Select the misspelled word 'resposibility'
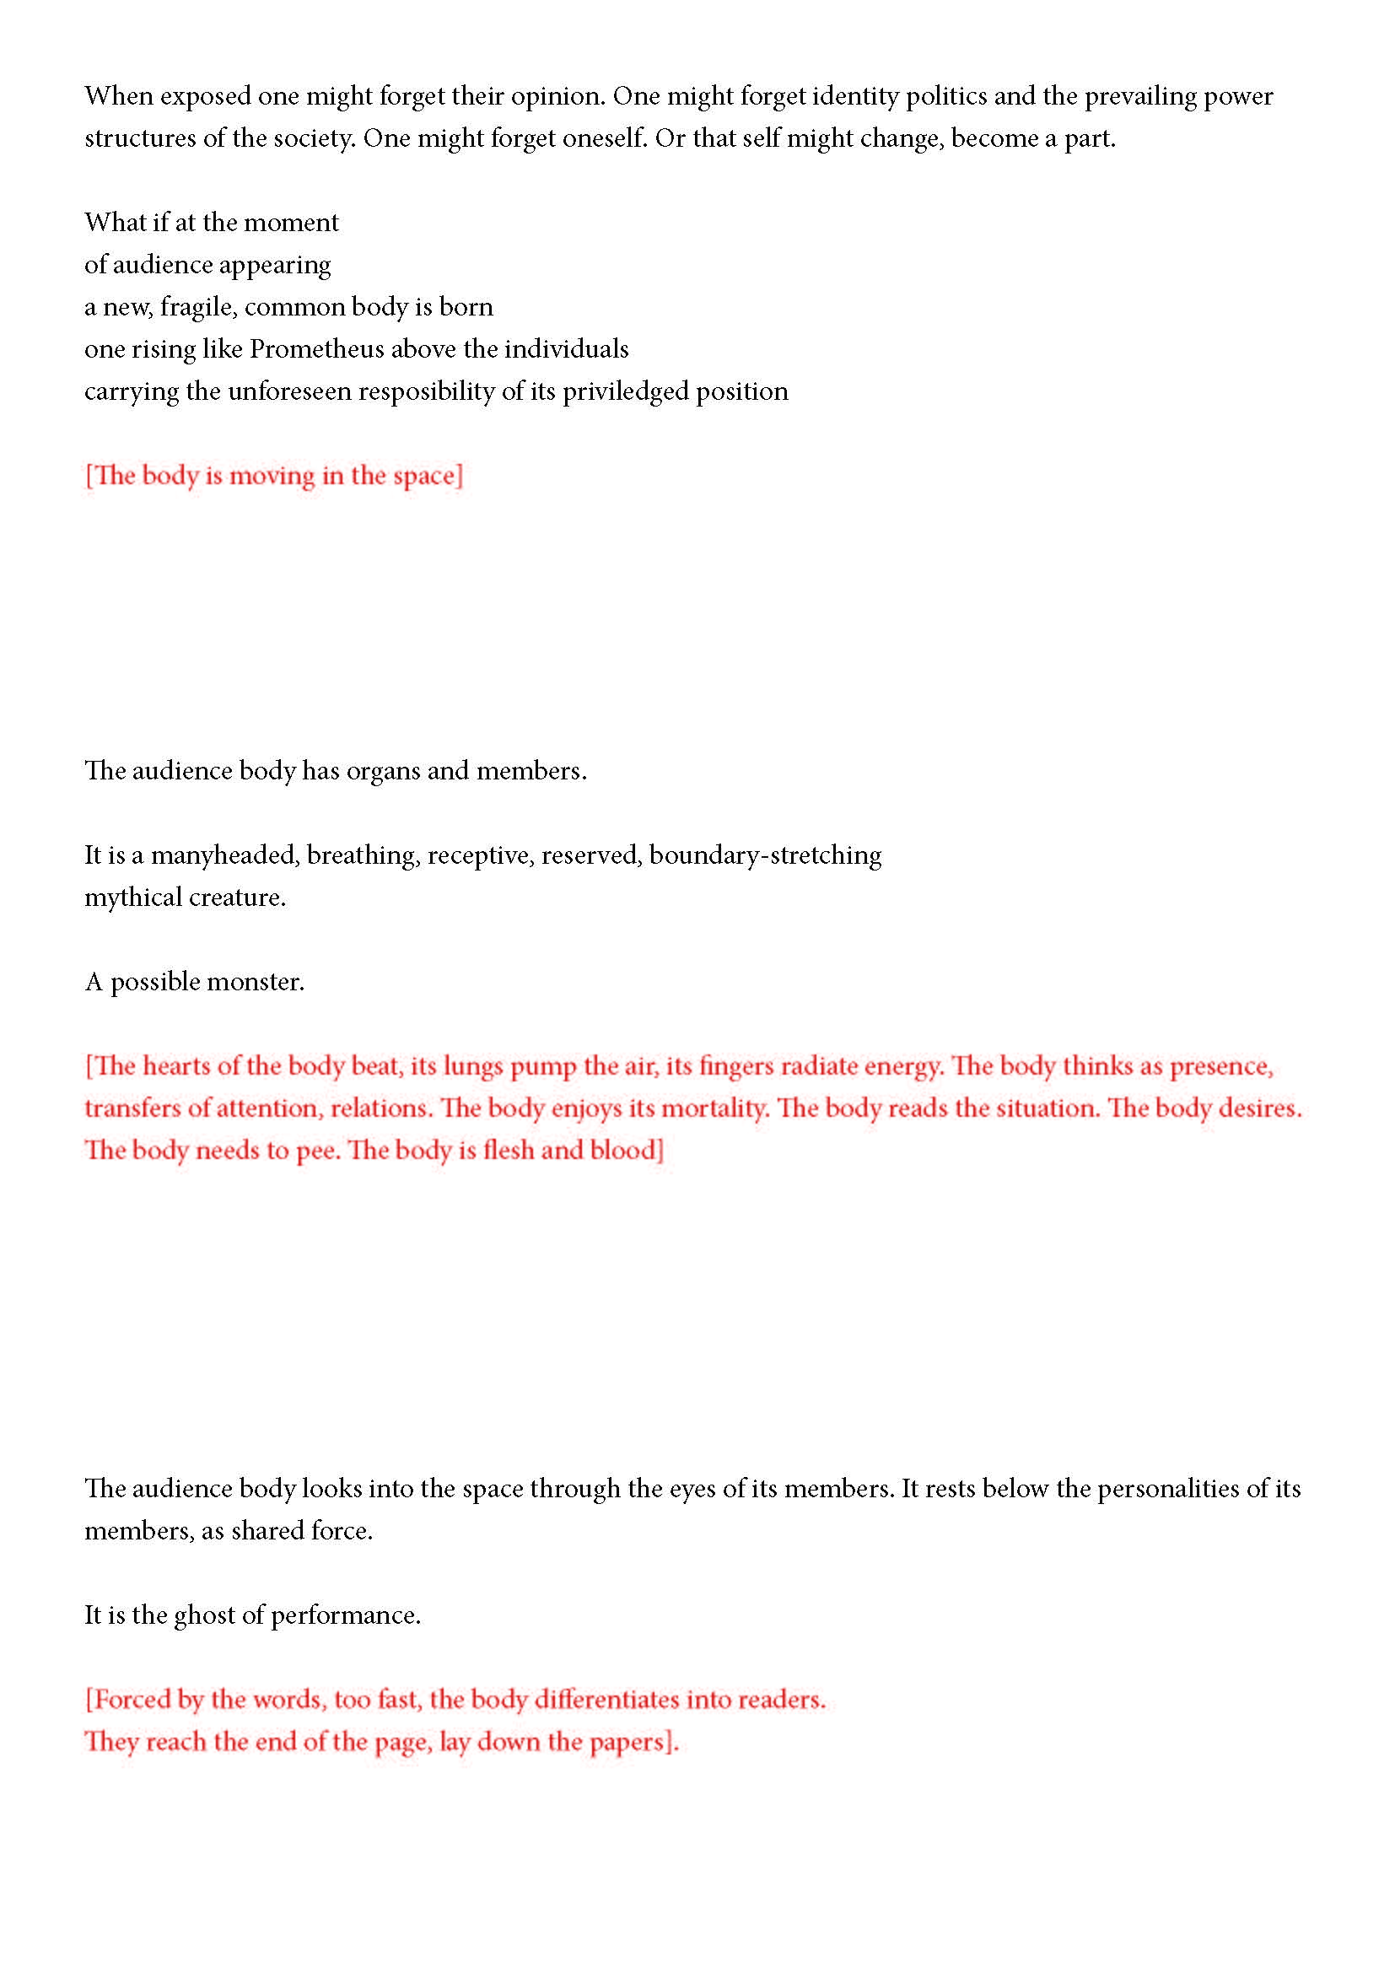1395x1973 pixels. click(x=427, y=391)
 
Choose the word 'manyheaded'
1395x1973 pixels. click(x=224, y=855)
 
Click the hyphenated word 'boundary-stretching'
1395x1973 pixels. click(x=765, y=855)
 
